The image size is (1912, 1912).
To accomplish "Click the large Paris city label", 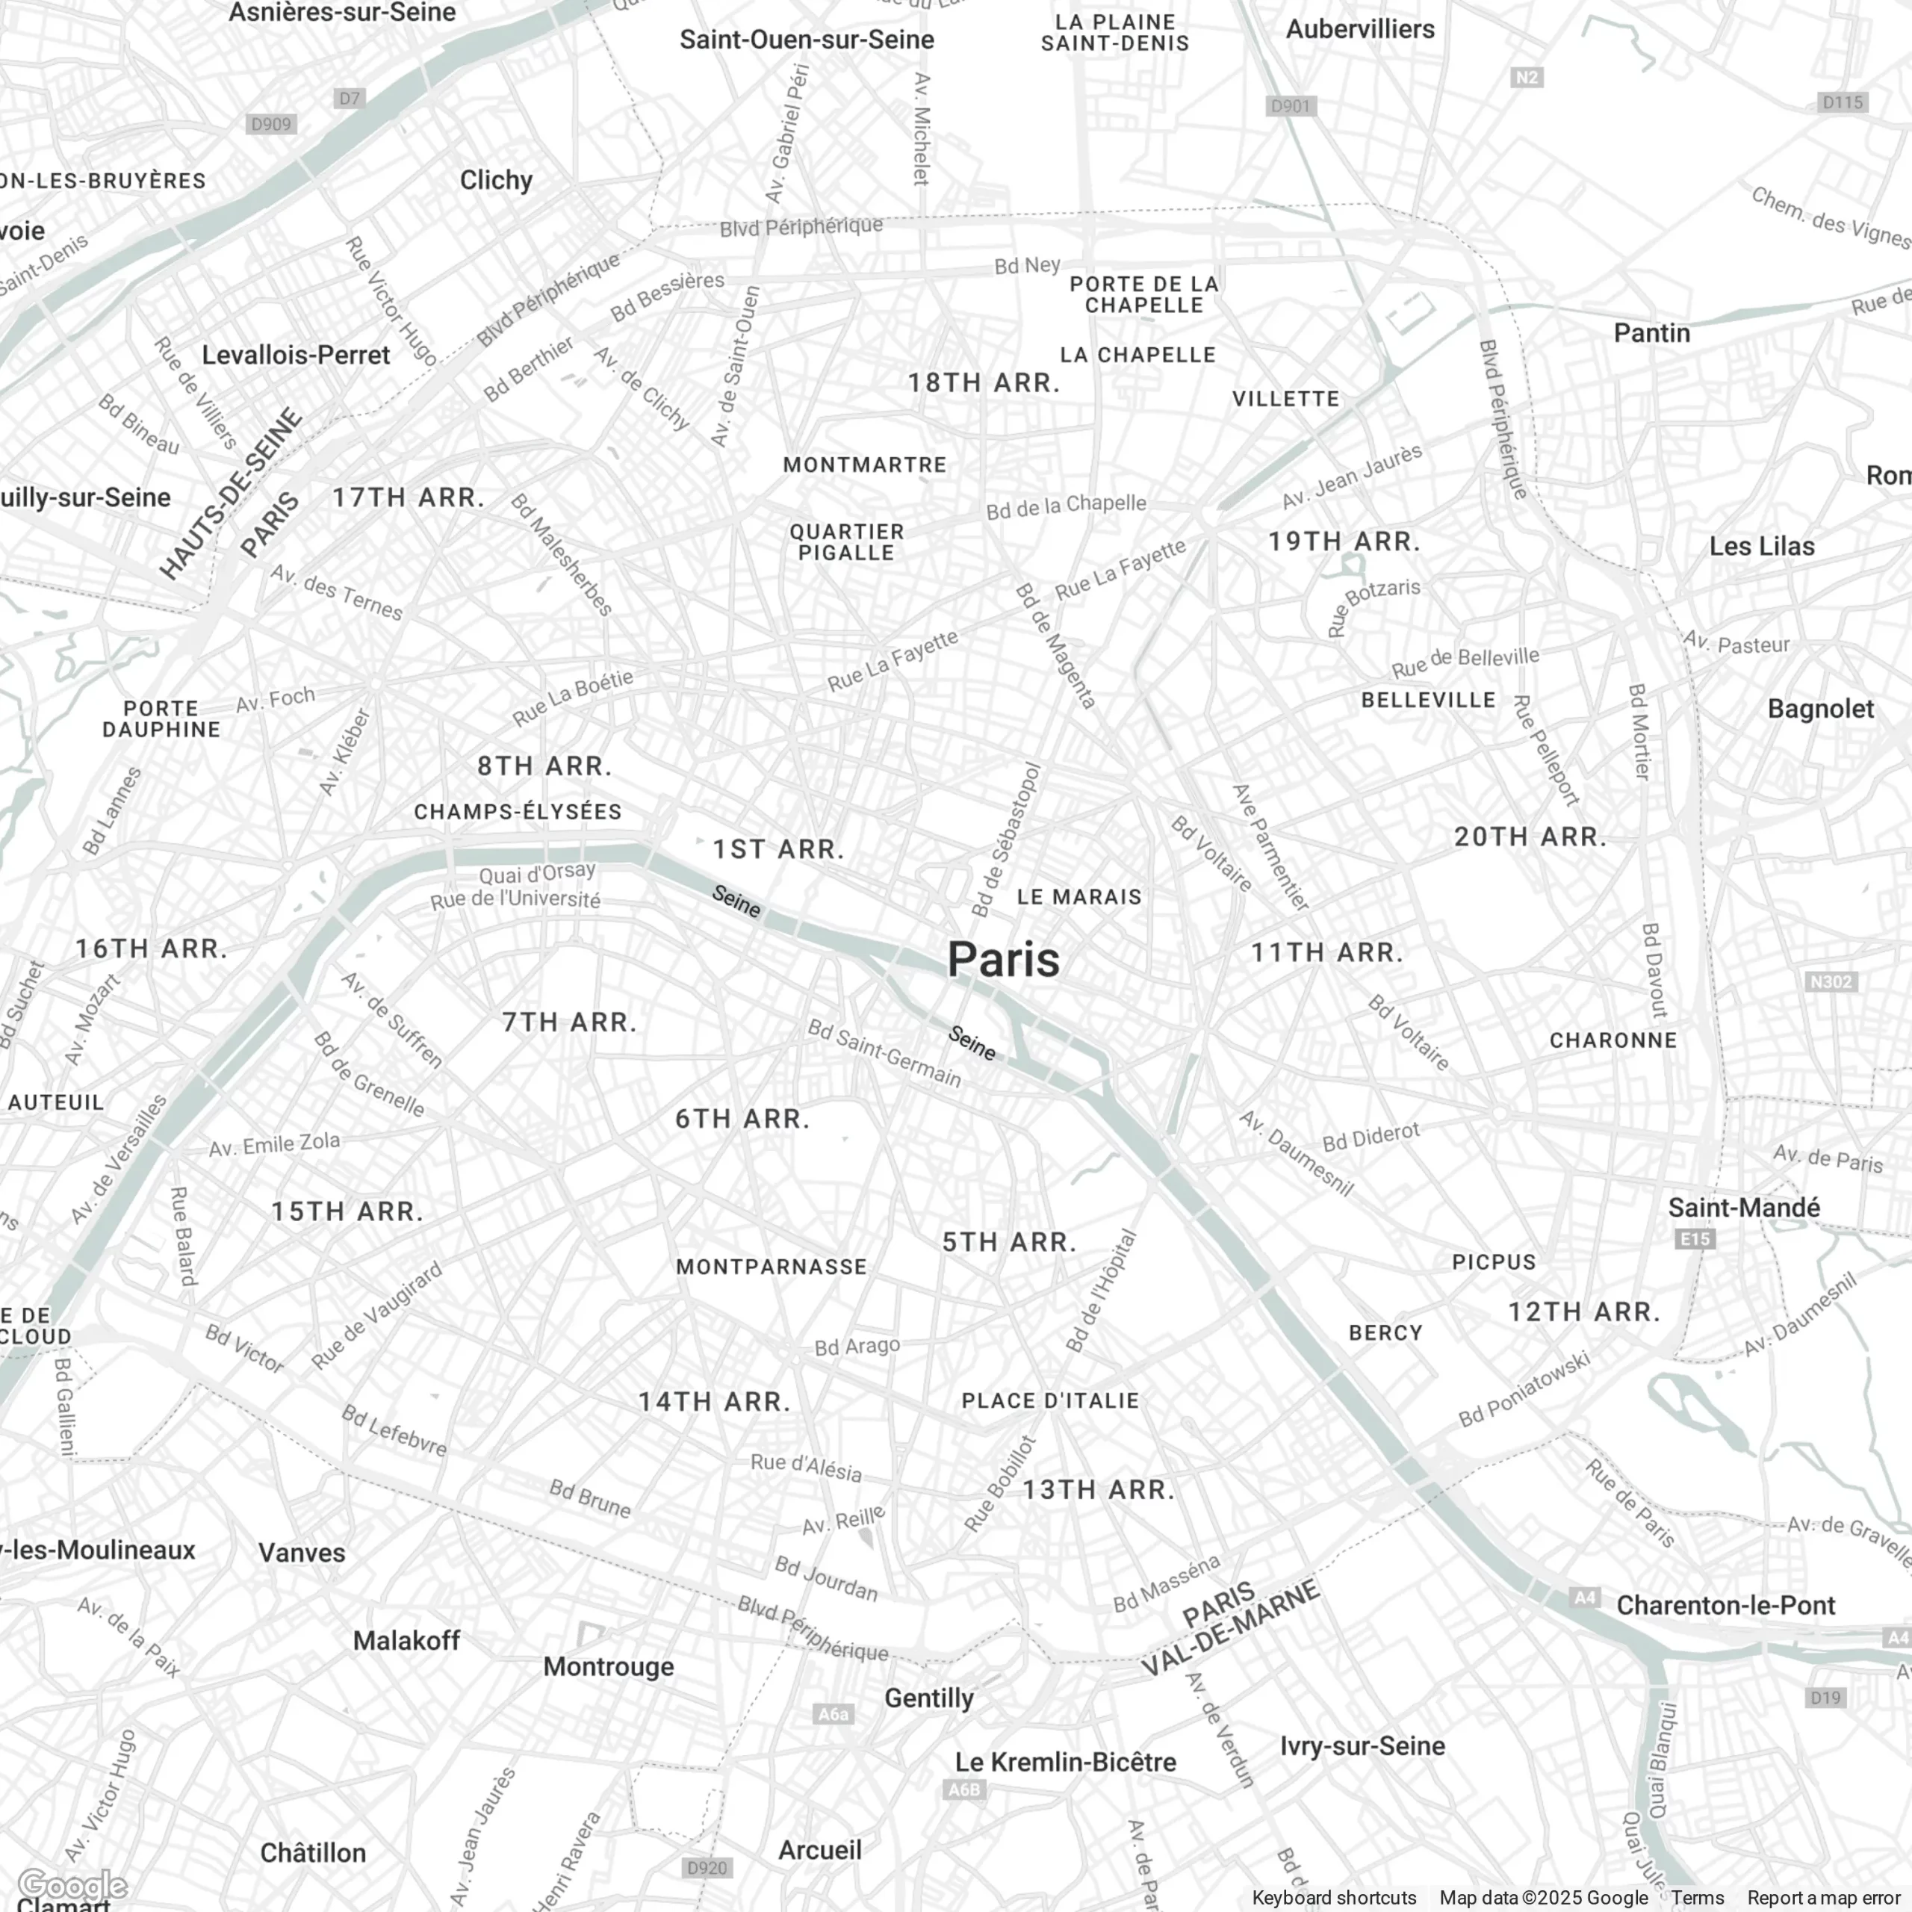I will click(1004, 960).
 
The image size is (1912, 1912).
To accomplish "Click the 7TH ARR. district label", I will click(569, 1022).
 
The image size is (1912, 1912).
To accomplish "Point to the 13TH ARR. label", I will click(1097, 1489).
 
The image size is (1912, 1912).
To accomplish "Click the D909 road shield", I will click(271, 125).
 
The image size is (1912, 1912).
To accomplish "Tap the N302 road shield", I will click(1830, 981).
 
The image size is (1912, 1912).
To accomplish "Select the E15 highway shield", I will click(1694, 1239).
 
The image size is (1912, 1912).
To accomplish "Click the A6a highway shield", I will click(832, 1714).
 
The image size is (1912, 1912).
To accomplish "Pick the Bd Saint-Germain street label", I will click(884, 1053).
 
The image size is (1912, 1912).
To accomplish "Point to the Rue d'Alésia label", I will click(806, 1467).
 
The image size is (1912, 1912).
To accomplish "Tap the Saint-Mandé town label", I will click(1744, 1208).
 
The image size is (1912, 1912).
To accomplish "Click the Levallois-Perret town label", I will click(296, 356).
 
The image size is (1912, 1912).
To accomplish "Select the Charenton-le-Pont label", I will click(1726, 1605).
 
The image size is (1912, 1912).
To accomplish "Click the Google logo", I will click(72, 1885).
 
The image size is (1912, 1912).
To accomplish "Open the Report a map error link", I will click(1823, 1898).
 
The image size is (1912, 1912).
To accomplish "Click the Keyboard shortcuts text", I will click(1333, 1898).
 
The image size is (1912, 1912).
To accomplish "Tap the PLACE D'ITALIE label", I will click(1050, 1400).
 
